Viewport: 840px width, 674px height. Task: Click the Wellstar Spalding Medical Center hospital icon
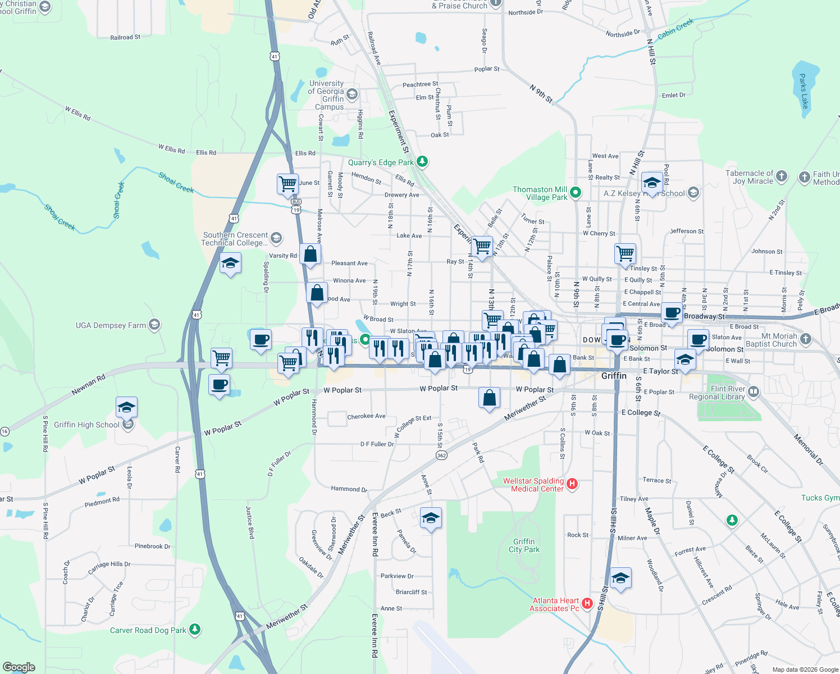pyautogui.click(x=572, y=484)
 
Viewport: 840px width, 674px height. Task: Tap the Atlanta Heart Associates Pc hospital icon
pyautogui.click(x=587, y=603)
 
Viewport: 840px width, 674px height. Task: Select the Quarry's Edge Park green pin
pyautogui.click(x=422, y=162)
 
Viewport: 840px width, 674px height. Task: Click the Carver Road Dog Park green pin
pyautogui.click(x=195, y=629)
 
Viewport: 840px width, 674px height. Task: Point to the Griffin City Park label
pyautogui.click(x=524, y=545)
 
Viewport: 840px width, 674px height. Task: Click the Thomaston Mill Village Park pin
pyautogui.click(x=576, y=193)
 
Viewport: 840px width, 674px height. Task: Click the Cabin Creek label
pyautogui.click(x=675, y=29)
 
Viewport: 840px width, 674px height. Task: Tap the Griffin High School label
pyautogui.click(x=86, y=425)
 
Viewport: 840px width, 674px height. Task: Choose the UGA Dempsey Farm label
pyautogui.click(x=111, y=325)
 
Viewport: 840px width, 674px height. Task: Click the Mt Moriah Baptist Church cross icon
pyautogui.click(x=806, y=338)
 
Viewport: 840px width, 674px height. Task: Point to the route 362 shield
pyautogui.click(x=441, y=455)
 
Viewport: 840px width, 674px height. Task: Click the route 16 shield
pyautogui.click(x=4, y=431)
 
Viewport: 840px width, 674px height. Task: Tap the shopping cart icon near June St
pyautogui.click(x=287, y=184)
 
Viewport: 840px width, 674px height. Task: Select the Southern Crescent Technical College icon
pyautogui.click(x=276, y=238)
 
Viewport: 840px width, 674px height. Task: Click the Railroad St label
pyautogui.click(x=125, y=38)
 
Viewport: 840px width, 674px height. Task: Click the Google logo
pyautogui.click(x=19, y=667)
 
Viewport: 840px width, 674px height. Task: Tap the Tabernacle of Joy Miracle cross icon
pyautogui.click(x=781, y=176)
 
